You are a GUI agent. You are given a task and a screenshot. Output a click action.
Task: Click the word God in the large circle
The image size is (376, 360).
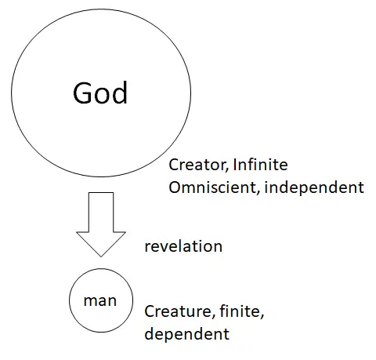pyautogui.click(x=100, y=93)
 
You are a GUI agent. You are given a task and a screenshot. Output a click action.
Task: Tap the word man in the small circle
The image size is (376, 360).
pyautogui.click(x=100, y=301)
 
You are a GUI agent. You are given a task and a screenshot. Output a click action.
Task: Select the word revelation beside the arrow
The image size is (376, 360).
pyautogui.click(x=183, y=246)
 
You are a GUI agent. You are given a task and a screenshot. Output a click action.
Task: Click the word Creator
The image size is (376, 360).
pyautogui.click(x=197, y=165)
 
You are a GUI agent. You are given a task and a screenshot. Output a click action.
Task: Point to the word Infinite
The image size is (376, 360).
pyautogui.click(x=260, y=165)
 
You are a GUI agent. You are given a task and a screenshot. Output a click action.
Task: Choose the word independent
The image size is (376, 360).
pyautogui.click(x=314, y=188)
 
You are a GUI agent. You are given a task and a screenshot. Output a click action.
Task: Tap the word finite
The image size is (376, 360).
pyautogui.click(x=241, y=311)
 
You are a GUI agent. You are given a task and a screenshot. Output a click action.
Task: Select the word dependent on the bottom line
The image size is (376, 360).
pyautogui.click(x=187, y=334)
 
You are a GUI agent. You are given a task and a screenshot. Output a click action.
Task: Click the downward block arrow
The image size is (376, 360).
pyautogui.click(x=101, y=224)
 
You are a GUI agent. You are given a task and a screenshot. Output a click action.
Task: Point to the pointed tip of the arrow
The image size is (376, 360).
pyautogui.click(x=101, y=256)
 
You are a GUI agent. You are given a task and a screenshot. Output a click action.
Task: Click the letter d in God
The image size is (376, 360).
pyautogui.click(x=120, y=93)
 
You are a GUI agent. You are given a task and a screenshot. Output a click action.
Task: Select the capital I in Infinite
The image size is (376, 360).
pyautogui.click(x=235, y=165)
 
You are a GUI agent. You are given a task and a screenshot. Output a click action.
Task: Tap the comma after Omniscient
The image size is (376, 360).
pyautogui.click(x=258, y=192)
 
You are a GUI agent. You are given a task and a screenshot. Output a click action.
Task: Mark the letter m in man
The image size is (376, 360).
pyautogui.click(x=90, y=301)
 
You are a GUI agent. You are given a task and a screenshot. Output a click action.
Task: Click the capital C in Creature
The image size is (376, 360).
pyautogui.click(x=150, y=311)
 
